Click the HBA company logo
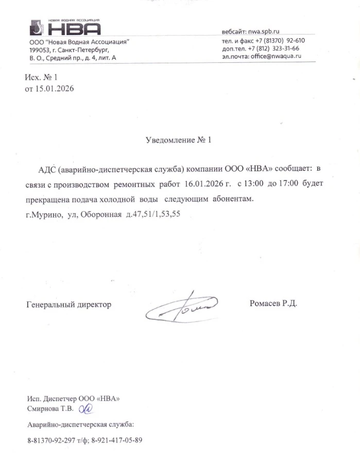point(64,27)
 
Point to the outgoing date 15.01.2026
point(54,89)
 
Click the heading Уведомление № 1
point(179,140)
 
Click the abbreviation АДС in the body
point(47,169)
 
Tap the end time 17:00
point(288,184)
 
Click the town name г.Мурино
point(43,213)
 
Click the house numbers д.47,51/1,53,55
point(155,213)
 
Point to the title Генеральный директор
point(68,305)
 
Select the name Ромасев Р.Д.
point(273,303)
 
